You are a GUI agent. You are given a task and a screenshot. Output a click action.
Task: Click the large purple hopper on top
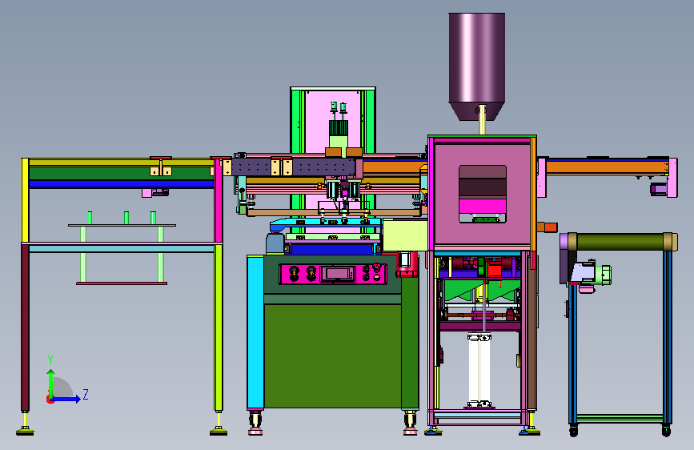(x=477, y=66)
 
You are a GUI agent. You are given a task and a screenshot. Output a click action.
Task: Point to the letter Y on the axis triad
(x=50, y=360)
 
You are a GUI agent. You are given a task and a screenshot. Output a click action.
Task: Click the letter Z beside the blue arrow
(x=86, y=394)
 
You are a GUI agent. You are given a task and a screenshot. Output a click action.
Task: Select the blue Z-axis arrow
(x=65, y=399)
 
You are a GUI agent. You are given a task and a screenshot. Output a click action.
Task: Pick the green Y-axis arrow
(x=51, y=384)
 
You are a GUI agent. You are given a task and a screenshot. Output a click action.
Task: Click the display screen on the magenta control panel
(x=338, y=274)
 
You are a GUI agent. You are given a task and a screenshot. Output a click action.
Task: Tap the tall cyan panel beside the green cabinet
(x=255, y=331)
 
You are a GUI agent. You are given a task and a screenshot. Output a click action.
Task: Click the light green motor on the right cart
(x=603, y=275)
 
